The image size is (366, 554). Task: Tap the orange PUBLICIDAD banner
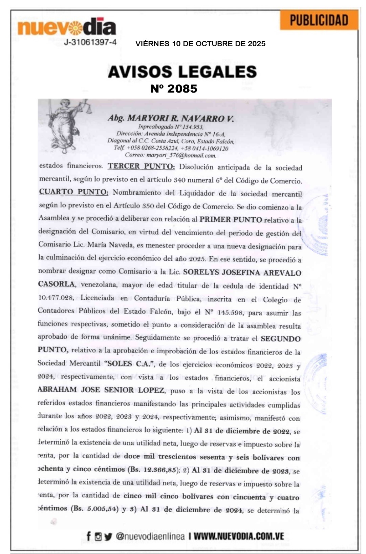(319, 20)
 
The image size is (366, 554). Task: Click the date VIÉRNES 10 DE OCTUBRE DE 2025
(200, 44)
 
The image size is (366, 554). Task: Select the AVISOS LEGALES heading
(182, 72)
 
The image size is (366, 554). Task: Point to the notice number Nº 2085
(174, 89)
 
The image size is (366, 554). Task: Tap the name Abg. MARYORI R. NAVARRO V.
(171, 118)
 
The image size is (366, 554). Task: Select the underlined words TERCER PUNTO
(141, 166)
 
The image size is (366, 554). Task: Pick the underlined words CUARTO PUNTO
(73, 192)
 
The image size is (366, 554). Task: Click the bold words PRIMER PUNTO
(231, 219)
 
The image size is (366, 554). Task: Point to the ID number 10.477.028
(56, 298)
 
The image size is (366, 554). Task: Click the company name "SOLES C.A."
(130, 364)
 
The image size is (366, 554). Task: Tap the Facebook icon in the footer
(89, 536)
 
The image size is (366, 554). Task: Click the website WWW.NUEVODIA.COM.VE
(239, 536)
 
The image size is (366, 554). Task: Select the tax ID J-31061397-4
(90, 42)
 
